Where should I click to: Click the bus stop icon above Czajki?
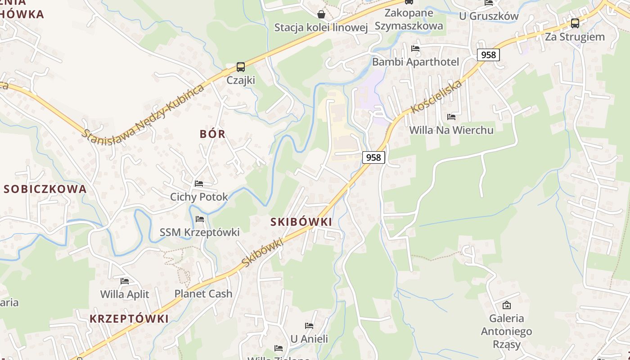click(x=241, y=67)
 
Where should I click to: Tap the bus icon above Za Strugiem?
click(x=575, y=23)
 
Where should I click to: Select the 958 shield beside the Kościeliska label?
click(x=488, y=55)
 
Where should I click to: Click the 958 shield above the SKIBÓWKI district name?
click(x=373, y=157)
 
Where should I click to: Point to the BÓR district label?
click(x=212, y=134)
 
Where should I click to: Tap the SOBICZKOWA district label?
click(x=45, y=189)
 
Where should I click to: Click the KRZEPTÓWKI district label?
click(x=129, y=319)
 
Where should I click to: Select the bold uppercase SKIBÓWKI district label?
click(x=301, y=222)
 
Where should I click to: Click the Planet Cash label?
click(x=203, y=294)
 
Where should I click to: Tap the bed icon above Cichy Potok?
click(x=199, y=184)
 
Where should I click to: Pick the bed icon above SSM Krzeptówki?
click(x=200, y=219)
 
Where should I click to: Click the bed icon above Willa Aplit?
click(x=125, y=281)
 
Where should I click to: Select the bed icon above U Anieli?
click(x=309, y=326)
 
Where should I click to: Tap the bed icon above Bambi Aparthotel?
click(x=415, y=49)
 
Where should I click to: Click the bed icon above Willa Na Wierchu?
click(x=451, y=117)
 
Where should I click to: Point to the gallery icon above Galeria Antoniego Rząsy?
click(x=507, y=305)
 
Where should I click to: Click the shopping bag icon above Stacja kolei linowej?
click(x=321, y=14)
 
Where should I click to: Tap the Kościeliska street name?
click(x=436, y=97)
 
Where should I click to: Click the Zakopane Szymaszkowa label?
click(x=409, y=19)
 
